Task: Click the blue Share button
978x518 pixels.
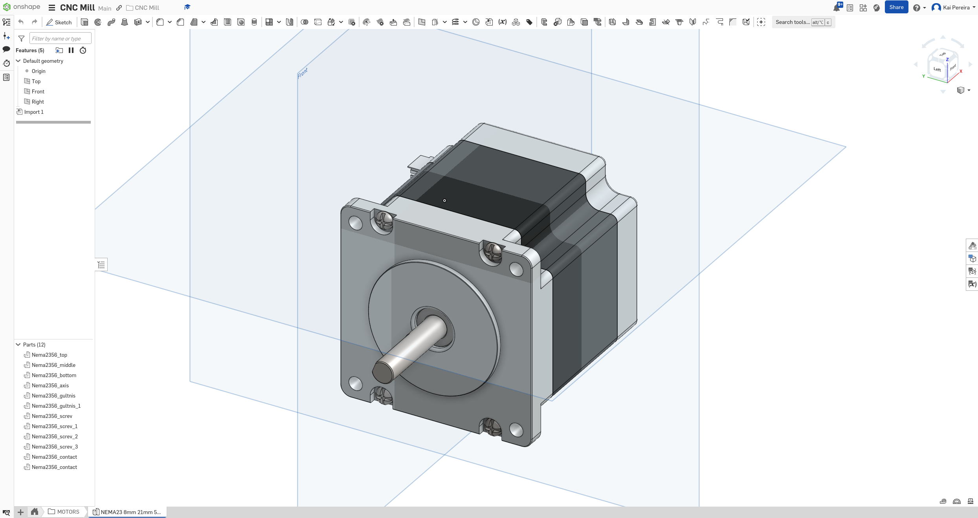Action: coord(896,7)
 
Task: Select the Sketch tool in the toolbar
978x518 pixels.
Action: coord(59,22)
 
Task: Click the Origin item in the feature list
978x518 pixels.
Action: coord(39,71)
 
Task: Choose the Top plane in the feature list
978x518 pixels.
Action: coord(36,81)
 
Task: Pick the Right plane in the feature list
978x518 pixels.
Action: coord(38,102)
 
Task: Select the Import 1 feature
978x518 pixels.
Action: coord(34,112)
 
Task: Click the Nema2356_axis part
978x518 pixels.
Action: coord(50,385)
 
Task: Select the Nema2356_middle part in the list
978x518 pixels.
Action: coord(53,365)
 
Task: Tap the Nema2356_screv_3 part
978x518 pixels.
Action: coord(55,447)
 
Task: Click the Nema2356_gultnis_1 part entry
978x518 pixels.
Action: coord(56,406)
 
